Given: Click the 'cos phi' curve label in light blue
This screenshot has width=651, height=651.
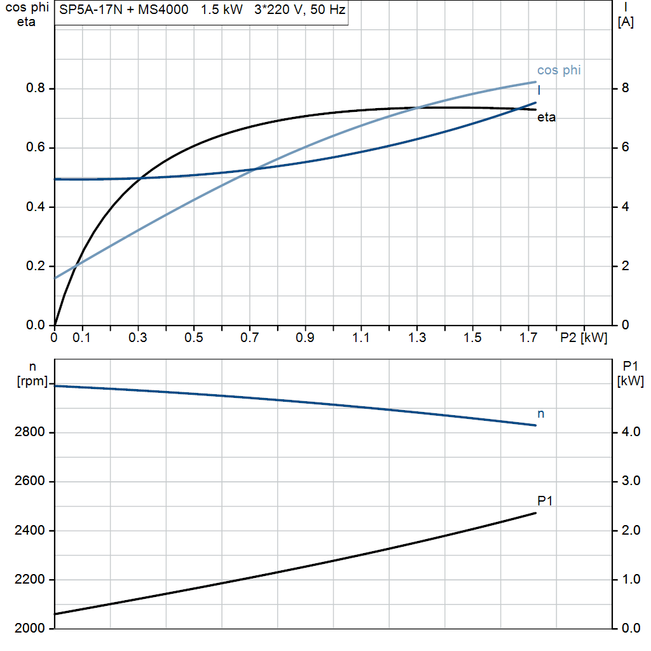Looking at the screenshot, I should (559, 71).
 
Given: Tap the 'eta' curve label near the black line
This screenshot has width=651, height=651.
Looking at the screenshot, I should (547, 118).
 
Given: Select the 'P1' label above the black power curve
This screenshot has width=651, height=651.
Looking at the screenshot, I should (545, 501).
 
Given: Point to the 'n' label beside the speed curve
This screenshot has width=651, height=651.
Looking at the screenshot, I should (541, 414).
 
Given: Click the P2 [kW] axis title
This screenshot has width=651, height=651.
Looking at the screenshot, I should (584, 338).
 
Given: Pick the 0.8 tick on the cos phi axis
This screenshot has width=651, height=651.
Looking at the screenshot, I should (36, 89).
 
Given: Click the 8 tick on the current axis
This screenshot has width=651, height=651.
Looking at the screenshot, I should (625, 89).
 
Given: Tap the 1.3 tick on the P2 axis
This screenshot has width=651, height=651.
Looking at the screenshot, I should (417, 338).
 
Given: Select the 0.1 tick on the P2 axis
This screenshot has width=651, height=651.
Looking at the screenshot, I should (81, 338).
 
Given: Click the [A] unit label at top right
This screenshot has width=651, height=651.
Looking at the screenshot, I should (626, 22).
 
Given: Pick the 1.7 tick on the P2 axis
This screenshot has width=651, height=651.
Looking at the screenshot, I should (528, 338).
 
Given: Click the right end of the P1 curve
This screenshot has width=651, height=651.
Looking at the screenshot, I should (536, 513).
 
